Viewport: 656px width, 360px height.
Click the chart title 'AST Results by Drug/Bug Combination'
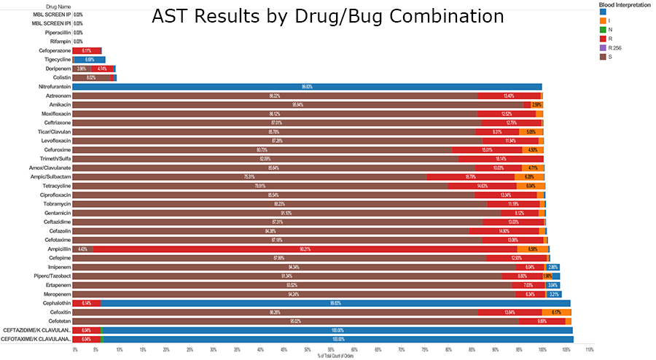[327, 16]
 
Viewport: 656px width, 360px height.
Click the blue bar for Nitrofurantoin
[307, 87]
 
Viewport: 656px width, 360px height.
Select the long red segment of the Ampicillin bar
[305, 249]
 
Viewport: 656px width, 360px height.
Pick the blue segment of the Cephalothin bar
[335, 303]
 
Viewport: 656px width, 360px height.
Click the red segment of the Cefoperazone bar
[87, 51]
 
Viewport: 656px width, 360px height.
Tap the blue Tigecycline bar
[90, 60]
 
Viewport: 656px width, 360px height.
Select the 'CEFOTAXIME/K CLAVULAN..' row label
[36, 340]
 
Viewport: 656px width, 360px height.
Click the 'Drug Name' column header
[44, 5]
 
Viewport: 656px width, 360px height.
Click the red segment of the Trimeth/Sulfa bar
[501, 159]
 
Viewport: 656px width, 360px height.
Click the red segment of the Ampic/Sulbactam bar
[470, 177]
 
